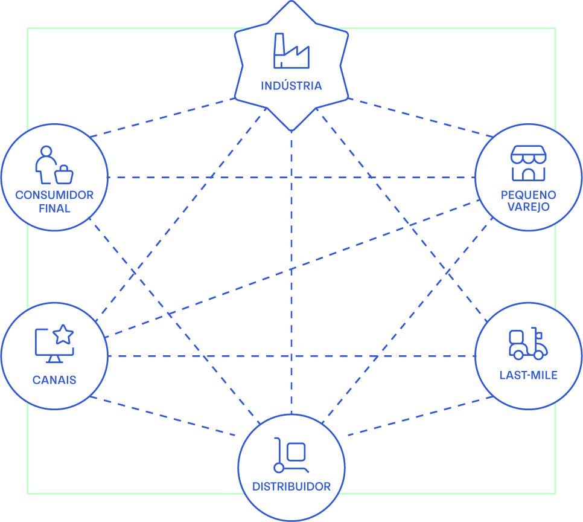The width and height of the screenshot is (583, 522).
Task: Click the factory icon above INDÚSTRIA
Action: pos(291,51)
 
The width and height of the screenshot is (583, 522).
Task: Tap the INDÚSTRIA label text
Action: pos(291,86)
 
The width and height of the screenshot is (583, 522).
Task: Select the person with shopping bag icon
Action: pos(54,165)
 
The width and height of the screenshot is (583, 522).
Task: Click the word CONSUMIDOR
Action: pos(54,195)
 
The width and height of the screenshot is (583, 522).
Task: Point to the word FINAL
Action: pos(54,208)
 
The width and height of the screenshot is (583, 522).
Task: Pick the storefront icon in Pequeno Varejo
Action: pos(528,163)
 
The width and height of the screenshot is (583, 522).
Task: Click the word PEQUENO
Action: pos(528,195)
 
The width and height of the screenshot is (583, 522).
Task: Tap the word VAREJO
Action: pos(528,207)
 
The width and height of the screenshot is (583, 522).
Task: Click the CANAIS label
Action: pos(54,380)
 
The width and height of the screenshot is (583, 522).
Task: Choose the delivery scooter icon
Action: pos(528,344)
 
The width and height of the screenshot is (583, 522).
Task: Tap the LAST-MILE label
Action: pos(528,375)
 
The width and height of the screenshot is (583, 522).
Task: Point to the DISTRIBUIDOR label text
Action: pos(291,486)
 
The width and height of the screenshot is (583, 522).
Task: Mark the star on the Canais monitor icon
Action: pos(63,334)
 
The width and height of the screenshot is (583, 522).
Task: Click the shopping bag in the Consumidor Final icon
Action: pos(64,176)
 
